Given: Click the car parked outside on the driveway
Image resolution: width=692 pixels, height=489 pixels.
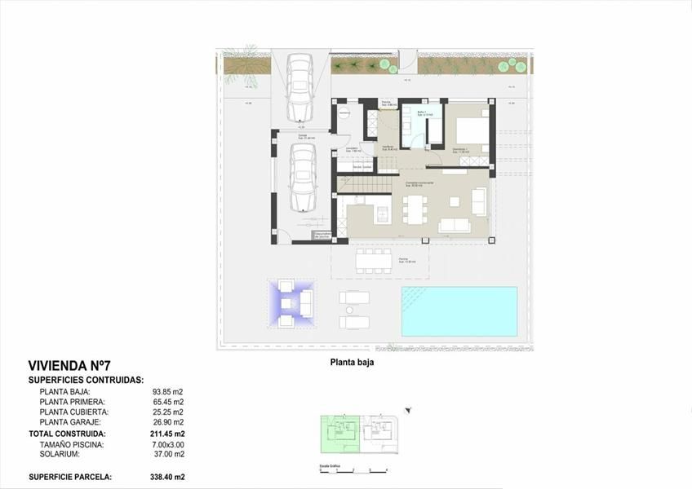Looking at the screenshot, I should click(x=299, y=87).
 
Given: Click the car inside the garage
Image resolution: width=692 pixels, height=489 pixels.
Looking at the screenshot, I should click(x=299, y=179).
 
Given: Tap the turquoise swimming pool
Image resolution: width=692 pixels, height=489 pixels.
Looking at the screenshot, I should click(x=459, y=311).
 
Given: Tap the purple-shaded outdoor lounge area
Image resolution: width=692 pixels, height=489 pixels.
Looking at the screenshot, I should click(x=291, y=302).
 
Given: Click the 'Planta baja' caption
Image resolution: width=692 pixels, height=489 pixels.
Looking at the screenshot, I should click(x=352, y=364).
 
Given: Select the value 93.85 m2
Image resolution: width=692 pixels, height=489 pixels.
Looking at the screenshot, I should click(x=168, y=391).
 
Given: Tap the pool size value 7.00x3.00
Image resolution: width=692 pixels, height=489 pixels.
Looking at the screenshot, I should click(x=167, y=444).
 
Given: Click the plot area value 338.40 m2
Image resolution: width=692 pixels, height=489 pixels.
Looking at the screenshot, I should click(x=168, y=477).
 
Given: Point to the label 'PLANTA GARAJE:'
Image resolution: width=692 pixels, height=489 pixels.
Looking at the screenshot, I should click(x=70, y=423).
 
